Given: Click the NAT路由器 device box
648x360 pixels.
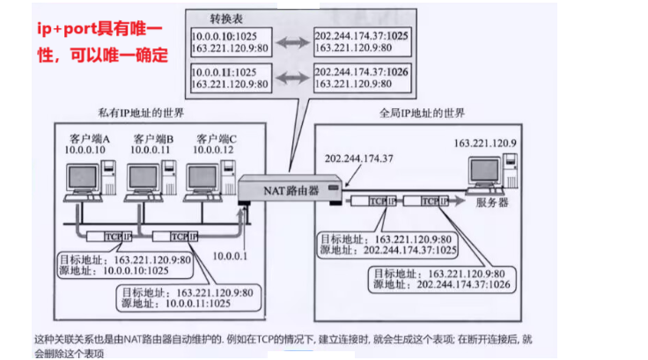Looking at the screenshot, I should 291,187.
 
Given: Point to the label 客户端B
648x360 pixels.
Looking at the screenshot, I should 154,139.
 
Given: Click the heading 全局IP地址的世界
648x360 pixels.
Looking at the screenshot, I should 421,114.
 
